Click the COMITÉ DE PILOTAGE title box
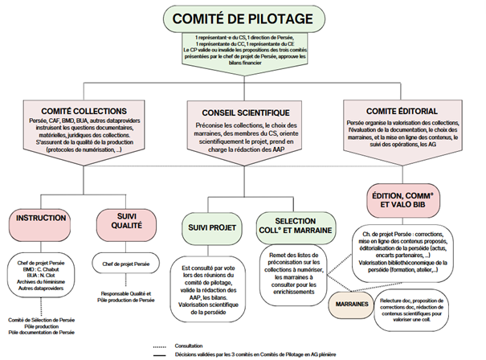[x=242, y=17]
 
